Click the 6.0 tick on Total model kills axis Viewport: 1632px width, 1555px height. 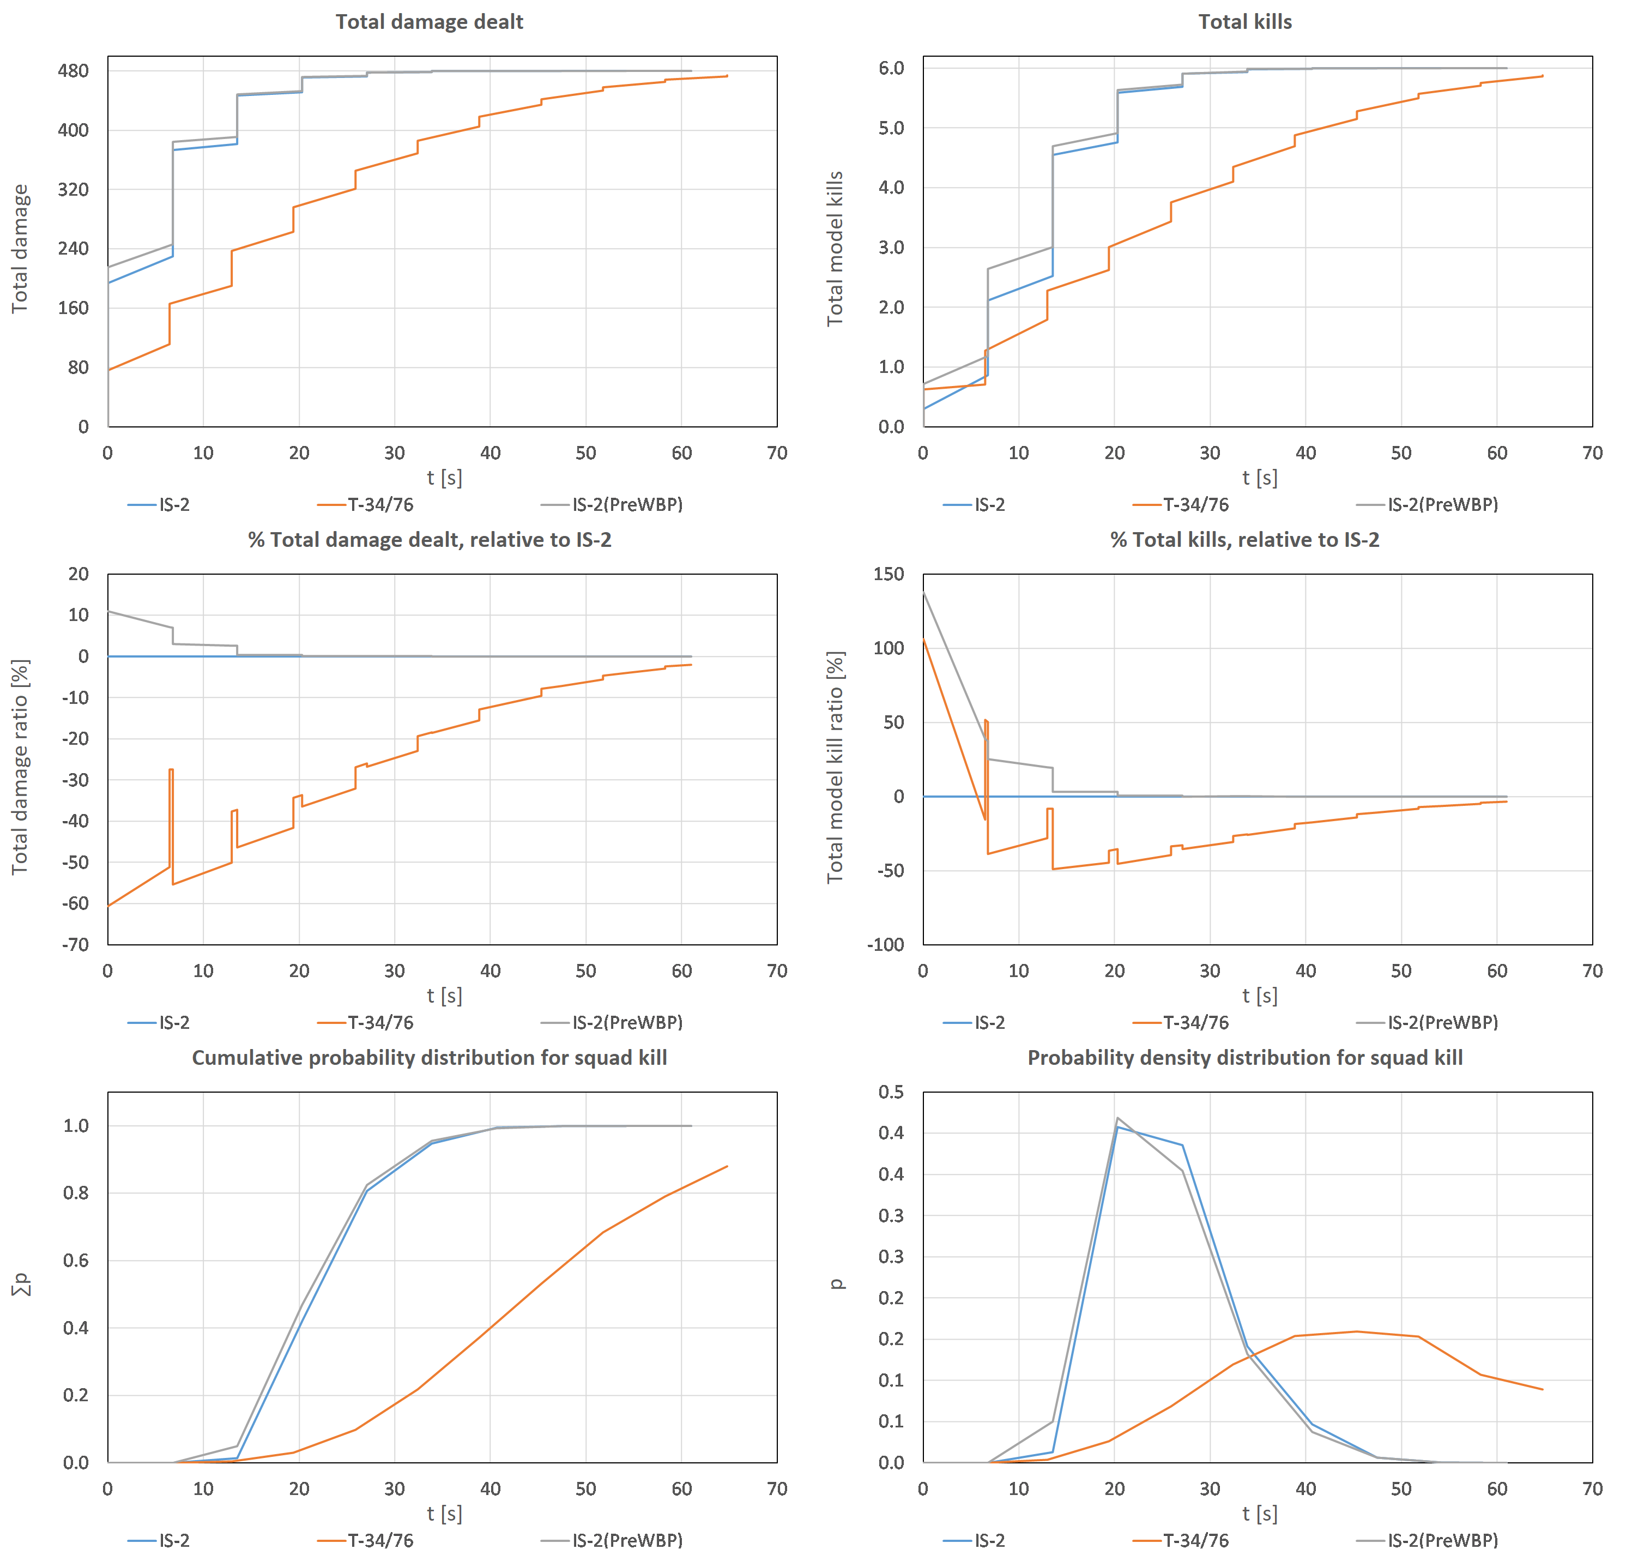(x=891, y=68)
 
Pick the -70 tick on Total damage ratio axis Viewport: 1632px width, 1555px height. (x=75, y=944)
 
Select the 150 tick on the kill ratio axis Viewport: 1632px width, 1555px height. (x=888, y=574)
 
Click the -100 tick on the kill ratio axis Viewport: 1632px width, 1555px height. (x=885, y=944)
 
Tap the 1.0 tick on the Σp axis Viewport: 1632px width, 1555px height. (x=76, y=1126)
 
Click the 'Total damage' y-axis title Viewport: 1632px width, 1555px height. (x=20, y=249)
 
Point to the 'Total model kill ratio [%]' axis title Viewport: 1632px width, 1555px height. (x=836, y=767)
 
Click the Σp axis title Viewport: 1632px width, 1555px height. (x=22, y=1284)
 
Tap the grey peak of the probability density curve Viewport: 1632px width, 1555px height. (x=1117, y=1118)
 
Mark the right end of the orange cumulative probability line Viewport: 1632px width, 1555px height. (x=727, y=1166)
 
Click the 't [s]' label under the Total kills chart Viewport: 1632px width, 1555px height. (x=1259, y=478)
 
